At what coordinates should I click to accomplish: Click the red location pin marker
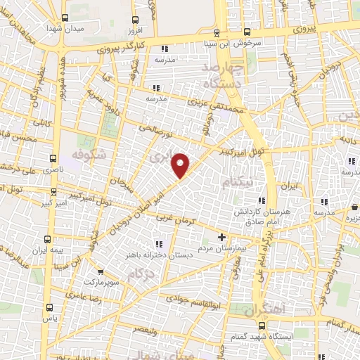pyautogui.click(x=181, y=165)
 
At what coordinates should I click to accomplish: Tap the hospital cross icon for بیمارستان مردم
pyautogui.click(x=222, y=237)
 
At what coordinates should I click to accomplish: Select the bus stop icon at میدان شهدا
pyautogui.click(x=65, y=18)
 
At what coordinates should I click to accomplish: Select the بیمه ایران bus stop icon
pyautogui.click(x=48, y=239)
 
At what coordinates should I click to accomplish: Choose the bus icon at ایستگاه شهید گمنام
pyautogui.click(x=262, y=326)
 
